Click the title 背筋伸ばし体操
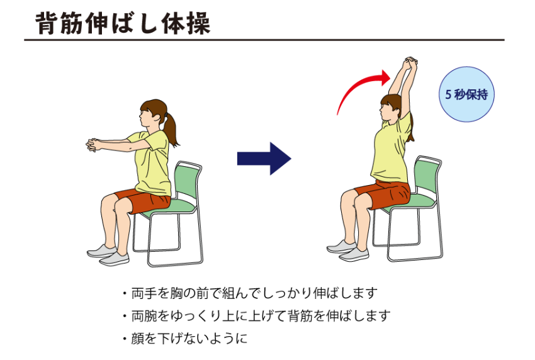coord(123,23)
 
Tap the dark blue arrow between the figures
coord(264,159)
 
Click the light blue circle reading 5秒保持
coord(466,94)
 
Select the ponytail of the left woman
coord(171,128)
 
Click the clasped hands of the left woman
coord(93,145)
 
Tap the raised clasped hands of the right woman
coord(410,63)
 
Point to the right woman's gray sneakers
coord(348,251)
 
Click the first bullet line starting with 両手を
coord(251,293)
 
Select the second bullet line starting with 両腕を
coord(257,316)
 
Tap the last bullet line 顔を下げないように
coord(185,339)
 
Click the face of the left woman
coord(146,118)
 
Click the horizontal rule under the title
coord(264,40)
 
